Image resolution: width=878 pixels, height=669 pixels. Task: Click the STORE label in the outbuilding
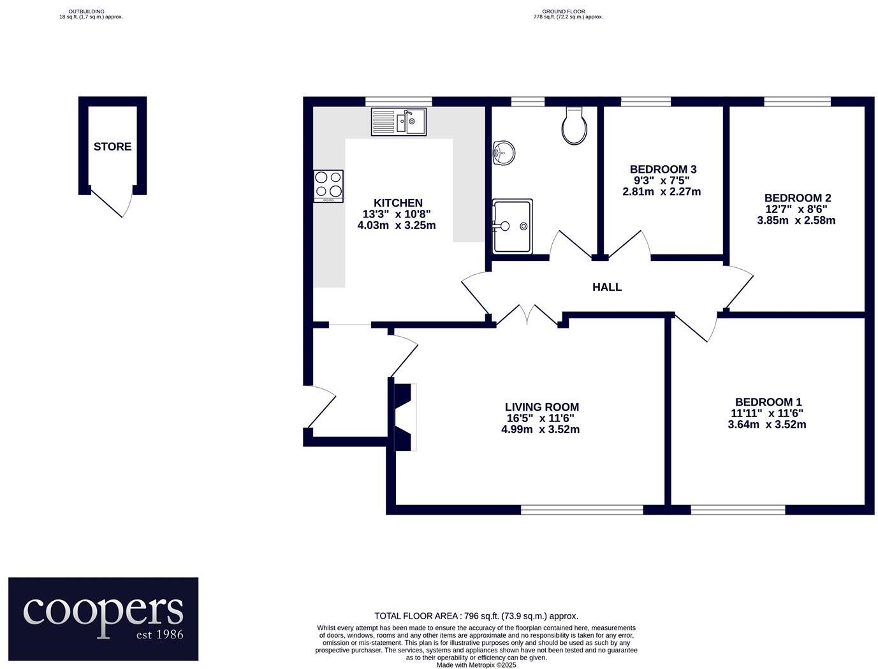112,147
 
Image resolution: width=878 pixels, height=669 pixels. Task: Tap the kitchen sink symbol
399,122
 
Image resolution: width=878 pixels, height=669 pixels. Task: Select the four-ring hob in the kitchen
328,186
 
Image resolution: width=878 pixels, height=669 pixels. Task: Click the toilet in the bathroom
574,126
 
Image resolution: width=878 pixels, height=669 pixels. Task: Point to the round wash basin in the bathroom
504,152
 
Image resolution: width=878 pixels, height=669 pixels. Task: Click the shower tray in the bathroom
511,226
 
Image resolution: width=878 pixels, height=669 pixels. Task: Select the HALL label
606,287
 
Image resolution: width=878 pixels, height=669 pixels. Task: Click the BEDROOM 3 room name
662,169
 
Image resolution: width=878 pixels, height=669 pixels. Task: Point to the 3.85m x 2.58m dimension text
796,221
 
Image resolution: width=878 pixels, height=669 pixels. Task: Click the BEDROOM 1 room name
768,402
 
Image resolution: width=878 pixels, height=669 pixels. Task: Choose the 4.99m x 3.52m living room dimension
540,429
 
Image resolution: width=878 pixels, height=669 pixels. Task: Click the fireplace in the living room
404,417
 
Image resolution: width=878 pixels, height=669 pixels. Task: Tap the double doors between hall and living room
529,315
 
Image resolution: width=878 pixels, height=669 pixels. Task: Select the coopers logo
103,619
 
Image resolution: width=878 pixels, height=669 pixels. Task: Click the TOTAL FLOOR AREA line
476,616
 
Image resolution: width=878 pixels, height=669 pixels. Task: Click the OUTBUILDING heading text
86,11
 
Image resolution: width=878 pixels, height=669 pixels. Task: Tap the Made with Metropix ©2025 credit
476,665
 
